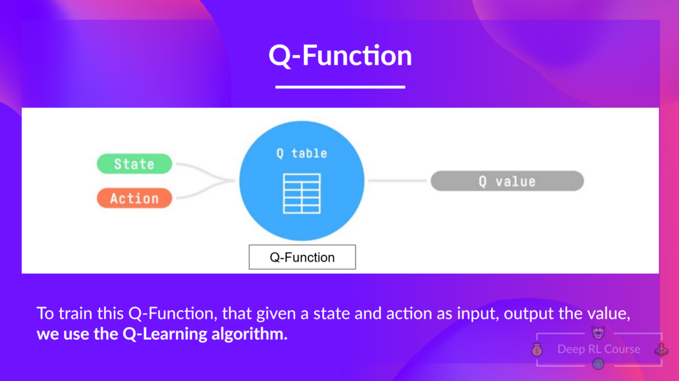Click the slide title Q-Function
point(340,56)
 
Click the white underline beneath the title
point(340,87)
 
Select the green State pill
point(135,164)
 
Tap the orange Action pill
point(135,198)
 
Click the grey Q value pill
point(507,181)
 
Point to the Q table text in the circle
point(302,153)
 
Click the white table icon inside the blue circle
point(302,193)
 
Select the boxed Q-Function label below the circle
point(302,257)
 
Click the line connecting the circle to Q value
point(398,181)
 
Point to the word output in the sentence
point(526,314)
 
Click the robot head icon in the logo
point(598,333)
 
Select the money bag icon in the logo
point(537,350)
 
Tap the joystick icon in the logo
point(662,350)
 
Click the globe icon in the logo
point(598,364)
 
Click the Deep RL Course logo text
point(599,349)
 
